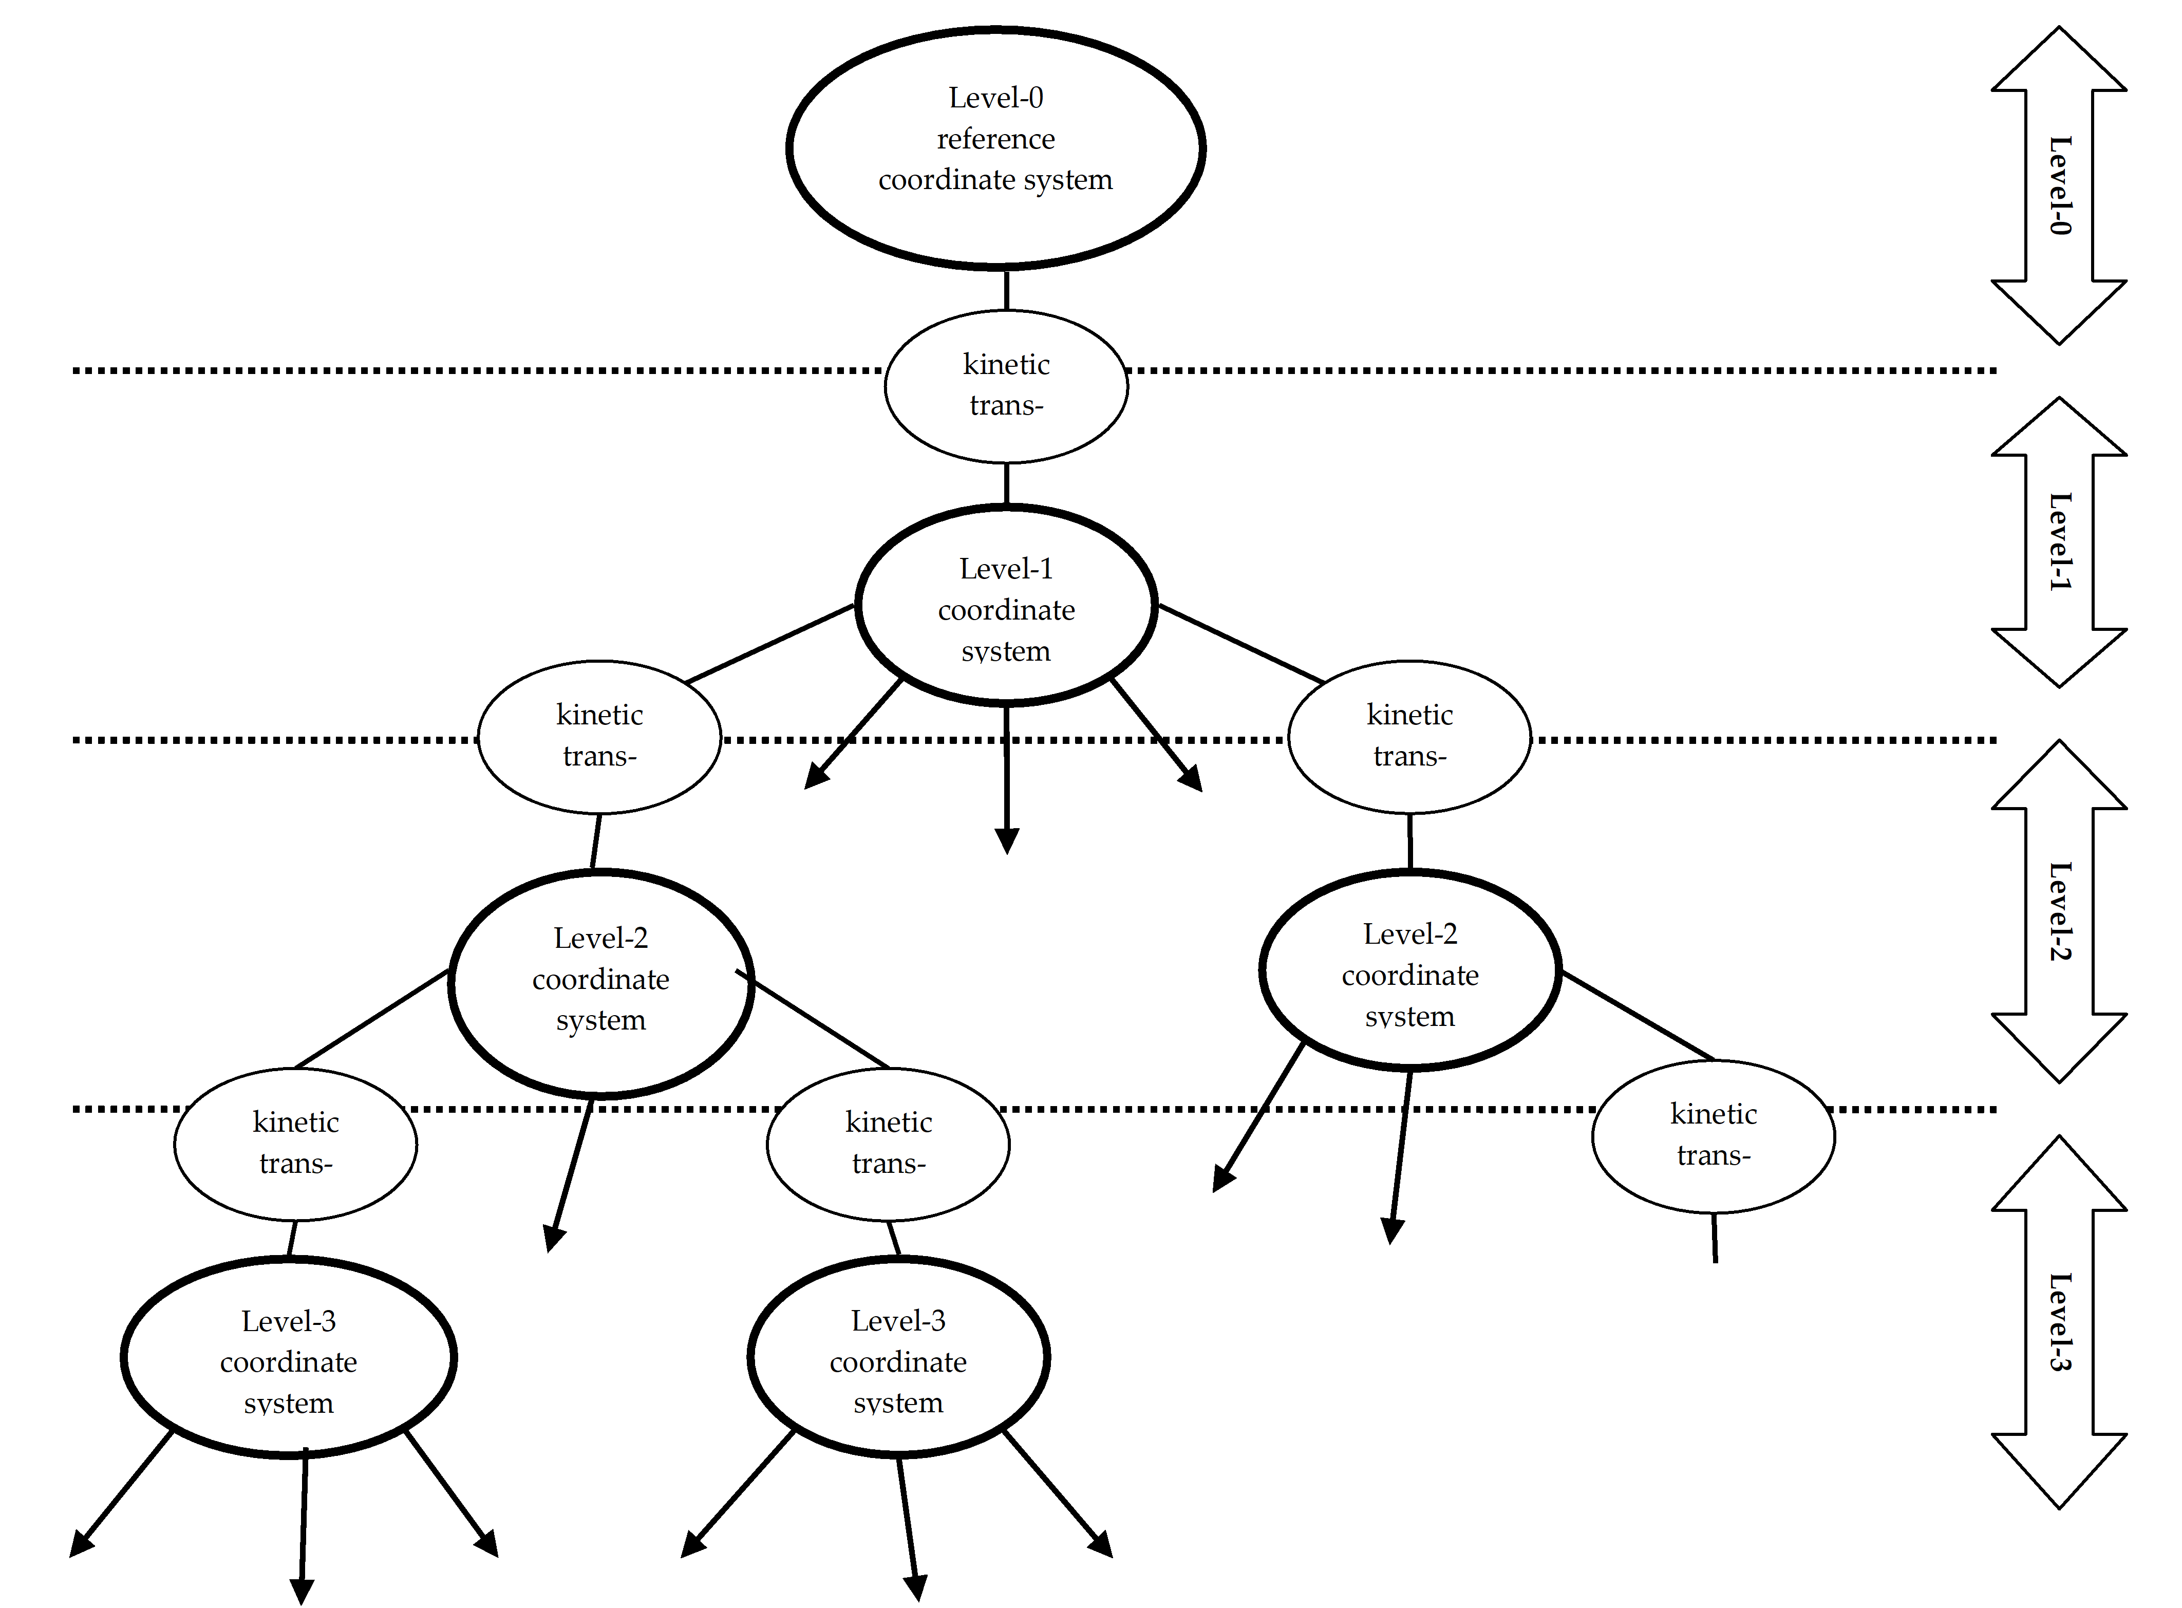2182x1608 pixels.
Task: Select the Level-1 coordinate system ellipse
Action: pyautogui.click(x=1006, y=605)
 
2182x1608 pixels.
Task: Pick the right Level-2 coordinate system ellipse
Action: pyautogui.click(x=1409, y=971)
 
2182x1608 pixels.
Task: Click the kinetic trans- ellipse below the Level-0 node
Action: pyautogui.click(x=1006, y=385)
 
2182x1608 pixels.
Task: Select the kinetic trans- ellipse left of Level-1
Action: pyautogui.click(x=599, y=736)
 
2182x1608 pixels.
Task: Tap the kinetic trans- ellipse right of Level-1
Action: pyautogui.click(x=1409, y=736)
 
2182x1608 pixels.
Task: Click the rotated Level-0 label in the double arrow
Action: pyautogui.click(x=2059, y=185)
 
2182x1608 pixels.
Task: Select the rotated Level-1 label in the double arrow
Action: pyautogui.click(x=2059, y=541)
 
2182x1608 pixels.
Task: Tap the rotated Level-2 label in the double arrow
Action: pyautogui.click(x=2059, y=911)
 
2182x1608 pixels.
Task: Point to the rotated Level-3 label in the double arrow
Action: pyautogui.click(x=2059, y=1322)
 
